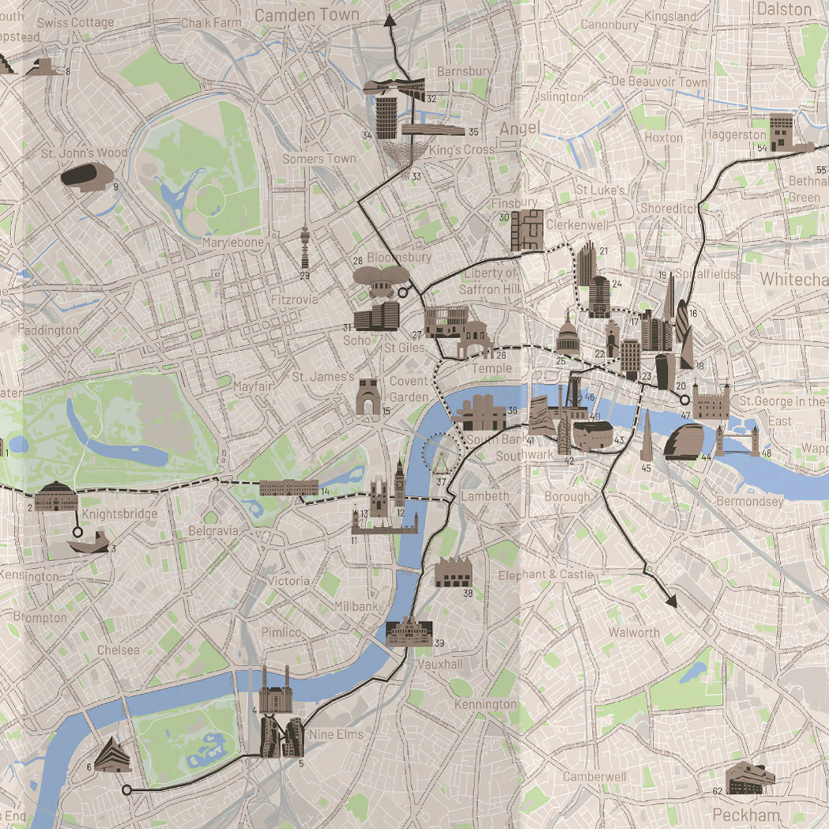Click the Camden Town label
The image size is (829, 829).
[x=307, y=15]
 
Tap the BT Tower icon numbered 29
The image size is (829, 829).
[x=305, y=248]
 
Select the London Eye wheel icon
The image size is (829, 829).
[x=440, y=453]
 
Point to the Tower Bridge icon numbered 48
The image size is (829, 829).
[x=737, y=441]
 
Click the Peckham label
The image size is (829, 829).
[x=745, y=815]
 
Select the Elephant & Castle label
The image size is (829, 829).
[x=545, y=574]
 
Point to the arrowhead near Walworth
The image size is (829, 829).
[x=671, y=601]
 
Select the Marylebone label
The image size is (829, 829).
[x=233, y=242]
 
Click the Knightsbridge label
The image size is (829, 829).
[x=119, y=514]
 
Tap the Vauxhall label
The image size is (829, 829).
[x=440, y=664]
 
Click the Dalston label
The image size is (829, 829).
[x=783, y=9]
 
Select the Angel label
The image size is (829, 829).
[x=520, y=128]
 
